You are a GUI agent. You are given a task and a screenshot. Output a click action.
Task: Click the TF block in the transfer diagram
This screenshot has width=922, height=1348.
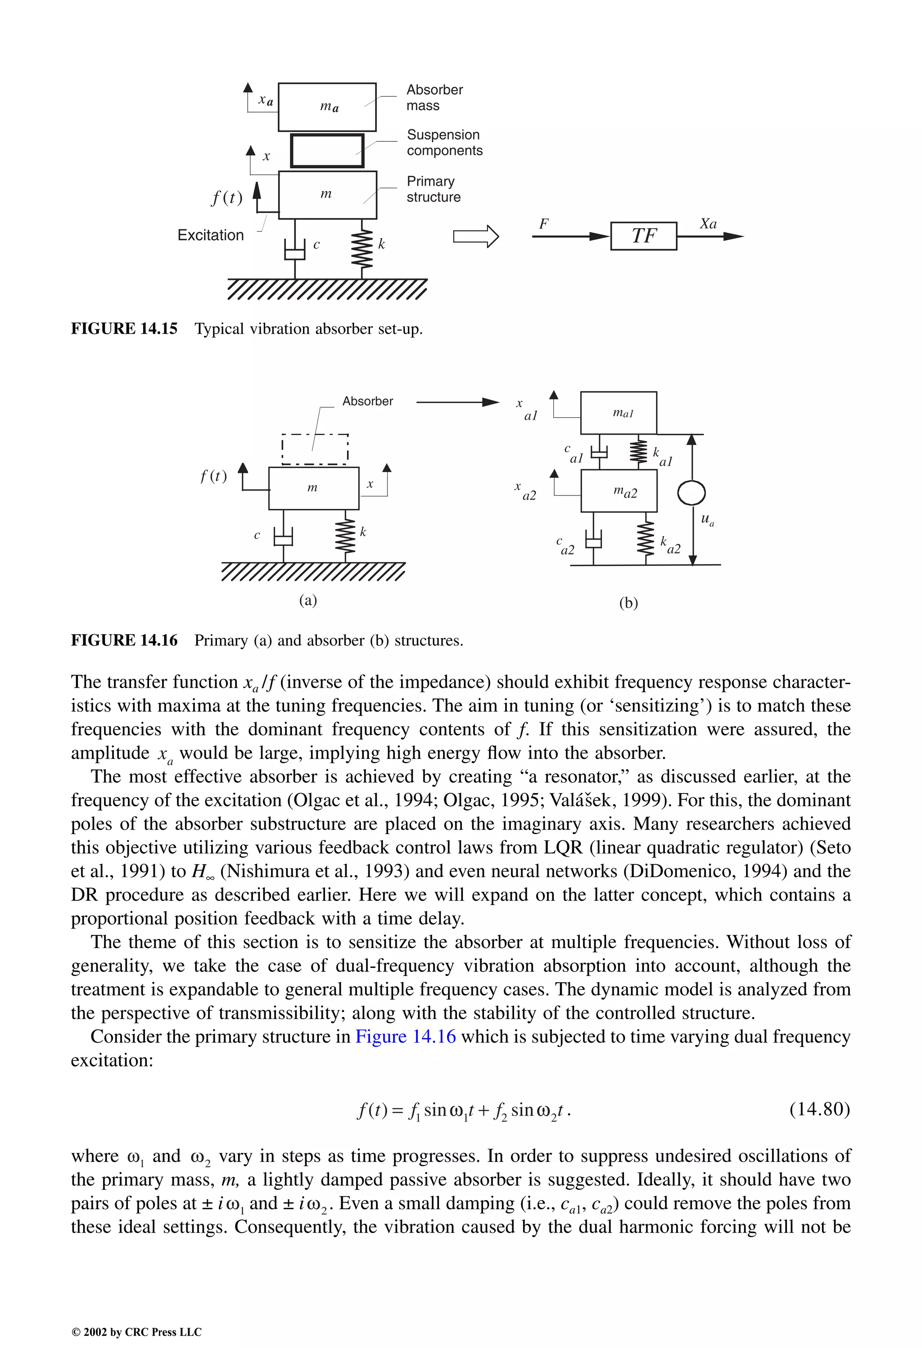pyautogui.click(x=643, y=236)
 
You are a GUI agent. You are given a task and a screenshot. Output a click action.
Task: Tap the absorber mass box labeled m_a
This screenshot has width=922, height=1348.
pyautogui.click(x=327, y=107)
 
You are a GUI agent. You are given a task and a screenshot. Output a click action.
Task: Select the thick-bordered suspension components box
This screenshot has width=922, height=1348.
pyautogui.click(x=327, y=151)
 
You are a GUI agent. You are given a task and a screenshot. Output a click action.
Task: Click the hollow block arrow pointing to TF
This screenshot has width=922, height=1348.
pyautogui.click(x=475, y=236)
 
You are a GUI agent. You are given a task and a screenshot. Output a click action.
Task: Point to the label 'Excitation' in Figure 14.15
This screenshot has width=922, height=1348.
pyautogui.click(x=211, y=235)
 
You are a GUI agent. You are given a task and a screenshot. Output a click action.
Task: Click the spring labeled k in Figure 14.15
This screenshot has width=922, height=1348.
pyautogui.click(x=363, y=249)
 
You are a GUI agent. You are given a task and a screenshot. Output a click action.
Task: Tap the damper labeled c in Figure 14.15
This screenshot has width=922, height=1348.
pyautogui.click(x=295, y=250)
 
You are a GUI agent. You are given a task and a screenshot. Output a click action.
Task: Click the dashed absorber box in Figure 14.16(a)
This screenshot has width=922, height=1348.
pyautogui.click(x=315, y=449)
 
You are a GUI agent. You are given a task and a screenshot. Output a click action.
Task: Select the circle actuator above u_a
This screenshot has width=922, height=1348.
pyautogui.click(x=691, y=494)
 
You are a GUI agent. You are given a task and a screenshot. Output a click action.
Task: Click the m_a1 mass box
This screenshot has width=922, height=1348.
pyautogui.click(x=618, y=413)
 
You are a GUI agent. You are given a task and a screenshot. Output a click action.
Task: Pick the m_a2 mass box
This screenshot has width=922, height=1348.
pyautogui.click(x=619, y=491)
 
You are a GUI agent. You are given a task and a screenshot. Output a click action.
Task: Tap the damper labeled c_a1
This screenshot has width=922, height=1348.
pyautogui.click(x=599, y=452)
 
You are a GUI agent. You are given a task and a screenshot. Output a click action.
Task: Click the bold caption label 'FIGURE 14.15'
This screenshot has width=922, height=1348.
pyautogui.click(x=124, y=328)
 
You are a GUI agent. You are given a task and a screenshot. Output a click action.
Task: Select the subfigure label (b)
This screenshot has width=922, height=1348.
pyautogui.click(x=628, y=603)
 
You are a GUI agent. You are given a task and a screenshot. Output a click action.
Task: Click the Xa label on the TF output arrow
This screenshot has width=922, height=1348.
pyautogui.click(x=708, y=223)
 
